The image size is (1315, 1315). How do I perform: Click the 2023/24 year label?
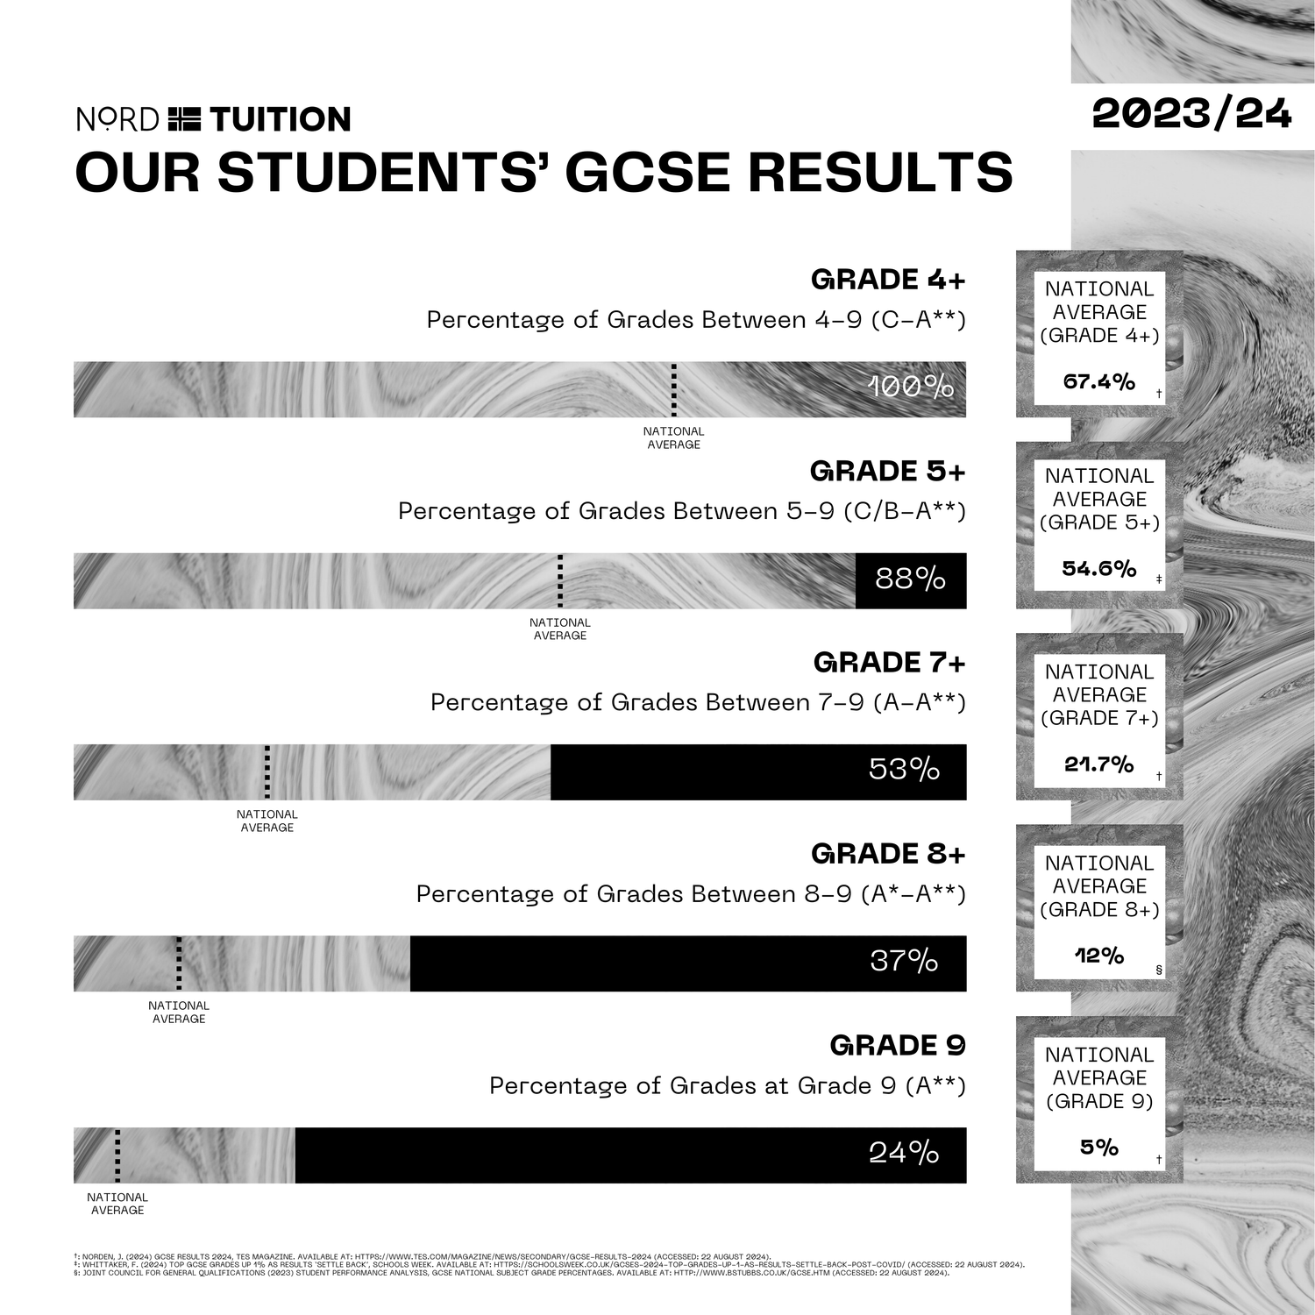tap(1191, 114)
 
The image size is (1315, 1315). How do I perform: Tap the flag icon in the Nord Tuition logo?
tap(184, 118)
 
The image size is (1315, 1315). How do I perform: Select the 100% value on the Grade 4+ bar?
tap(910, 387)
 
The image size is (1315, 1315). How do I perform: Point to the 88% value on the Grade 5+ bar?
tap(910, 579)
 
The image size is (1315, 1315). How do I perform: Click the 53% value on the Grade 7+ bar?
tap(904, 770)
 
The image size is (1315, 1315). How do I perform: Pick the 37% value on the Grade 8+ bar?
tap(904, 962)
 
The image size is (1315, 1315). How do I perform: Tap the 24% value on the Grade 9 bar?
tap(904, 1153)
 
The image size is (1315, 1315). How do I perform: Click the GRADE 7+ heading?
tap(889, 663)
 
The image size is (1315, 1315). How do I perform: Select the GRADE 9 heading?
tap(897, 1046)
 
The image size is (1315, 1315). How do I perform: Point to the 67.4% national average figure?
tap(1098, 382)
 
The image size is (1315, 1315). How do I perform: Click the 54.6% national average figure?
tap(1098, 569)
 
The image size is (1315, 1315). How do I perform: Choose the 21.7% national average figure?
tap(1098, 764)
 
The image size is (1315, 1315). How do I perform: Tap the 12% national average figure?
tap(1098, 956)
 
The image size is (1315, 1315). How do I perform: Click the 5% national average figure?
tap(1098, 1148)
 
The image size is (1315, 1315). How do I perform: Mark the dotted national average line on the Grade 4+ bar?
tap(673, 389)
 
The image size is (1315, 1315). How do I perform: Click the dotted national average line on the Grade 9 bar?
tap(117, 1155)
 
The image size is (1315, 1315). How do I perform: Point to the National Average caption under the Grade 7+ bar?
tap(267, 821)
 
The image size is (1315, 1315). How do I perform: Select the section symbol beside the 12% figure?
tap(1159, 970)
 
